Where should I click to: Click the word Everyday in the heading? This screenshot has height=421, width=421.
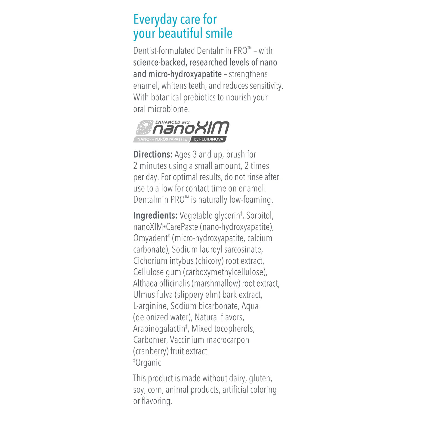pos(155,20)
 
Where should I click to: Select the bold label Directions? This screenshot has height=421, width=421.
pos(153,155)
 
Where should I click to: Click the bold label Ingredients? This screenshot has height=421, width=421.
pos(155,216)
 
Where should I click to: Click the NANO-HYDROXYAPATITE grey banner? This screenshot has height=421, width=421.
pos(162,139)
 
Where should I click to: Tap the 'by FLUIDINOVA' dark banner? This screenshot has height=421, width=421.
pos(209,139)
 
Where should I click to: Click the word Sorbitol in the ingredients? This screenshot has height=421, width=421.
pos(259,216)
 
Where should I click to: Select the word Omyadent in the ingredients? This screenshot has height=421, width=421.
pos(150,238)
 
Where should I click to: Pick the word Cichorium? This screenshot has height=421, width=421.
pos(150,261)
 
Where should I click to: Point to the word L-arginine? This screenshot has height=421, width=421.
pos(150,306)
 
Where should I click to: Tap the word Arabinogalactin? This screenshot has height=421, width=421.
pos(159,329)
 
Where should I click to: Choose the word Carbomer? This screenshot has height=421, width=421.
pos(150,340)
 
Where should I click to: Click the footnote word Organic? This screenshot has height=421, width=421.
pos(148,363)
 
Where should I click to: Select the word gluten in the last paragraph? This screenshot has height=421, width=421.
pos(260,379)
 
